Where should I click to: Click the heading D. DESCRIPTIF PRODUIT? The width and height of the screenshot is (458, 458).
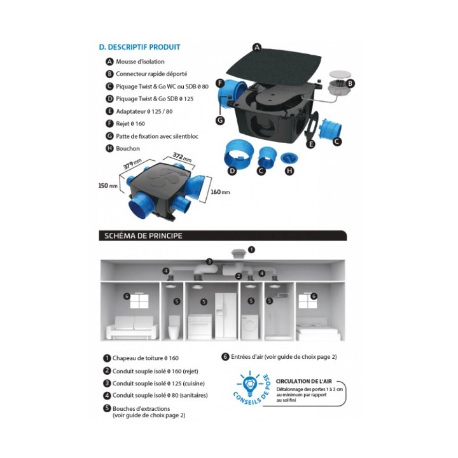(139, 47)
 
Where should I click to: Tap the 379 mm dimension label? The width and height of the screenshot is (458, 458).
(132, 164)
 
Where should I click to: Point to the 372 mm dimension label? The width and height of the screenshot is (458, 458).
(182, 157)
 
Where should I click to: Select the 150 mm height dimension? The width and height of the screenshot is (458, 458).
(108, 186)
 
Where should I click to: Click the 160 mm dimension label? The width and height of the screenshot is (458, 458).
(220, 192)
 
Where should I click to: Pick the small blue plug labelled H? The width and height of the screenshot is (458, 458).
(289, 158)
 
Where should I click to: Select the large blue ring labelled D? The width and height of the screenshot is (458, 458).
(239, 154)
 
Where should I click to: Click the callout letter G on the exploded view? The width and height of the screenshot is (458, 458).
(220, 120)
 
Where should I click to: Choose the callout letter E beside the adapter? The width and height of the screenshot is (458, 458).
(311, 144)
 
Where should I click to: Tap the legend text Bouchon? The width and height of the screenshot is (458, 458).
(128, 148)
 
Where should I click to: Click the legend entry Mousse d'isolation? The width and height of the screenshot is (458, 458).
(140, 62)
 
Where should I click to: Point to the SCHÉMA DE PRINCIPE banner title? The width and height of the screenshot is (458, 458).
(143, 236)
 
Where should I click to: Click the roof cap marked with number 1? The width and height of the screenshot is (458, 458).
(238, 254)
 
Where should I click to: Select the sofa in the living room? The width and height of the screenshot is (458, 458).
(132, 328)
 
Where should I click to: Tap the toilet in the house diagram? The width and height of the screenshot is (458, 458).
(174, 328)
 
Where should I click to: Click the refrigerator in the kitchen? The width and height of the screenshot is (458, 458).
(226, 316)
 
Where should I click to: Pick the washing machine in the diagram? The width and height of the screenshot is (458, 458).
(250, 327)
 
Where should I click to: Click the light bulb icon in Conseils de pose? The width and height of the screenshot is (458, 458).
(251, 383)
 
